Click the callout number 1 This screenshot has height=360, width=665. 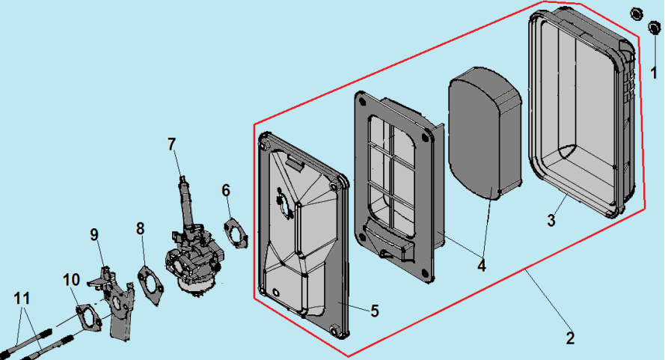click(654, 73)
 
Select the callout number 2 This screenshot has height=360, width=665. click(571, 338)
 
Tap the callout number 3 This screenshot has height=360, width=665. click(551, 221)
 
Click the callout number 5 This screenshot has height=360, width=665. click(373, 309)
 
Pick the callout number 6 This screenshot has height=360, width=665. click(226, 190)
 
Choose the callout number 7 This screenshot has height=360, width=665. click(172, 143)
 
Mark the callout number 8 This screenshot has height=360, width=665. click(141, 228)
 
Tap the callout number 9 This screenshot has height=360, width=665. click(94, 235)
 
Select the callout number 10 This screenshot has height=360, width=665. click(71, 279)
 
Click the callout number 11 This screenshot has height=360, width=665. click(23, 298)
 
